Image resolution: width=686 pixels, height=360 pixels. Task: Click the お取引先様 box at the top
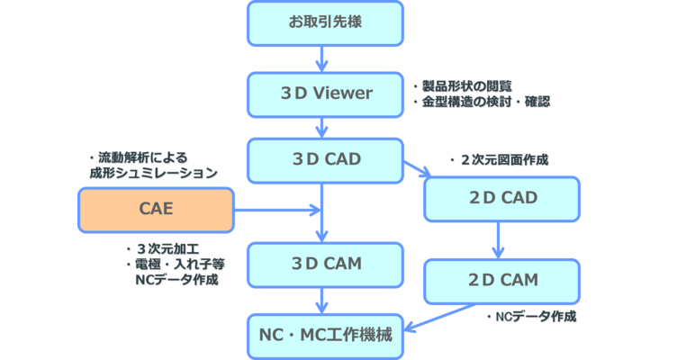(325, 22)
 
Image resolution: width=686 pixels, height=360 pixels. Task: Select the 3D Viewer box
(325, 92)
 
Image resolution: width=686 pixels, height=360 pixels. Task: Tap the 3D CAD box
(325, 160)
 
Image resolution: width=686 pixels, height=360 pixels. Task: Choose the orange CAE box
(156, 210)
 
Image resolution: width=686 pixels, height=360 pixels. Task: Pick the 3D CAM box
(325, 264)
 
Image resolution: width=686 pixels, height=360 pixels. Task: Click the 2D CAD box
(502, 198)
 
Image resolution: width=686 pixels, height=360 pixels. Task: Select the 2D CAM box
(502, 280)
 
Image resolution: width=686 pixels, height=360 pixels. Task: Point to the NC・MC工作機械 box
(325, 334)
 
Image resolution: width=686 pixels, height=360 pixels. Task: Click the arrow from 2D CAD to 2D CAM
(498, 240)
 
